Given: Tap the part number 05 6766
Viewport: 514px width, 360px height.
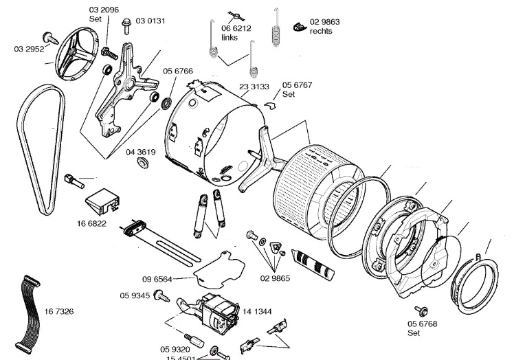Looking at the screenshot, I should click(177, 70).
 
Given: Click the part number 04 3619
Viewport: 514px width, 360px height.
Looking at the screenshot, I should click(140, 151).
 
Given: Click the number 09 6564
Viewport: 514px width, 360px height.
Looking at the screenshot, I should click(157, 279).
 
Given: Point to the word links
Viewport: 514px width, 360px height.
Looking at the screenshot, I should click(230, 38).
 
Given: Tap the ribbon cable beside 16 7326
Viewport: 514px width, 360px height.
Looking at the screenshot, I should click(29, 308).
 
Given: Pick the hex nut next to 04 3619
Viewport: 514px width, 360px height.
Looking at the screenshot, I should click(142, 164).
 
